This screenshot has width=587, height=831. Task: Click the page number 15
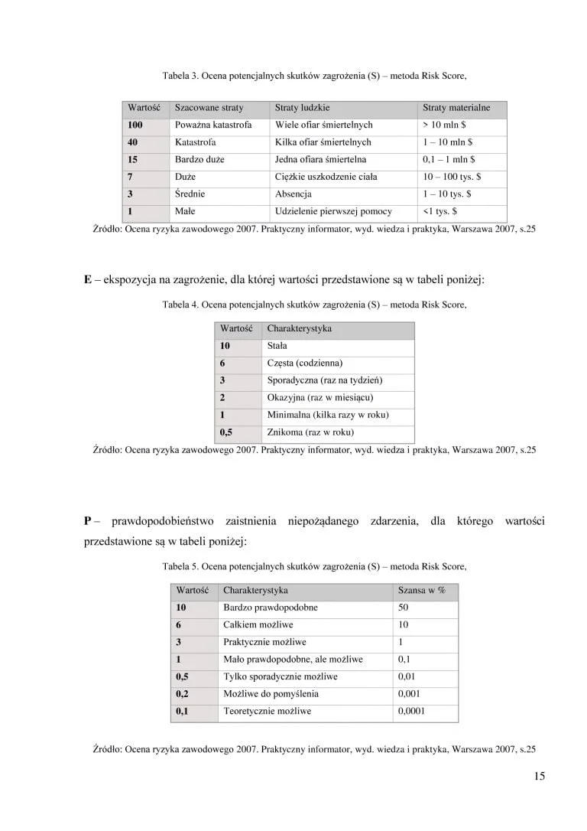click(540, 777)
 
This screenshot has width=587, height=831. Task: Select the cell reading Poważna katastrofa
click(212, 125)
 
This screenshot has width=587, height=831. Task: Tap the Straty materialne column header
click(456, 108)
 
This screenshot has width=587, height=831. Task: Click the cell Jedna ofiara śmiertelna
click(320, 160)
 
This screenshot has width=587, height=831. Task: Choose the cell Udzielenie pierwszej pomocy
click(333, 211)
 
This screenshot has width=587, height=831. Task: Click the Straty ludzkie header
click(302, 108)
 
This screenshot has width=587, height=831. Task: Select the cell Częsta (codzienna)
click(304, 363)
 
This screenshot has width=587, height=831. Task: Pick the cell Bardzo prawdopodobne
click(271, 608)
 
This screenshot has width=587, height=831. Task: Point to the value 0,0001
click(412, 711)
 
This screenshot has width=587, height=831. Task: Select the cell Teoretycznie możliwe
click(267, 711)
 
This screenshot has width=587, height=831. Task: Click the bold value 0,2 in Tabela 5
click(183, 694)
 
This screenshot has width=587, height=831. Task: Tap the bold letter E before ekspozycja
click(87, 279)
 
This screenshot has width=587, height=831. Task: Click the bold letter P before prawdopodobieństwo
click(88, 521)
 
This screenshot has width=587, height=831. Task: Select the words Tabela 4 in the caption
click(180, 305)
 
